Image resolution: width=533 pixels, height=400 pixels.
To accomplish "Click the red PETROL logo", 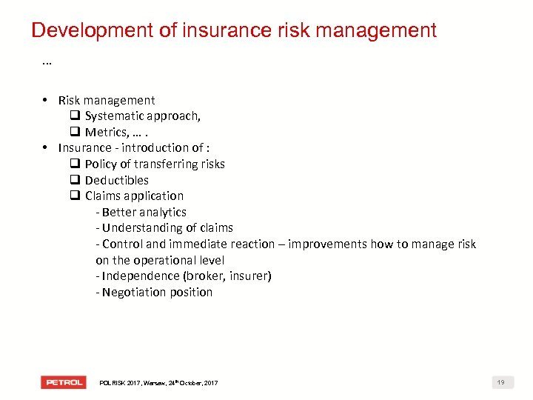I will pyautogui.click(x=64, y=382).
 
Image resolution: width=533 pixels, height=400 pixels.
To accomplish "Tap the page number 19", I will pyautogui.click(x=501, y=382).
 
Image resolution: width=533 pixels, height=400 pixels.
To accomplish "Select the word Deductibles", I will pyautogui.click(x=117, y=180).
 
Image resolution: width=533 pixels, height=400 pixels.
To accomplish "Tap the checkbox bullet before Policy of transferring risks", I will pyautogui.click(x=75, y=164).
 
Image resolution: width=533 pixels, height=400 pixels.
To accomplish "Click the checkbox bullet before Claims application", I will pyautogui.click(x=75, y=196).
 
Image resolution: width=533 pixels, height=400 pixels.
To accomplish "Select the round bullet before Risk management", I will pyautogui.click(x=45, y=100).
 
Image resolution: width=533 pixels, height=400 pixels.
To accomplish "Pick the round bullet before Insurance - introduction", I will pyautogui.click(x=45, y=147).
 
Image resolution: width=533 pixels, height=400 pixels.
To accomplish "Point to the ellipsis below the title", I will pyautogui.click(x=47, y=63).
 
